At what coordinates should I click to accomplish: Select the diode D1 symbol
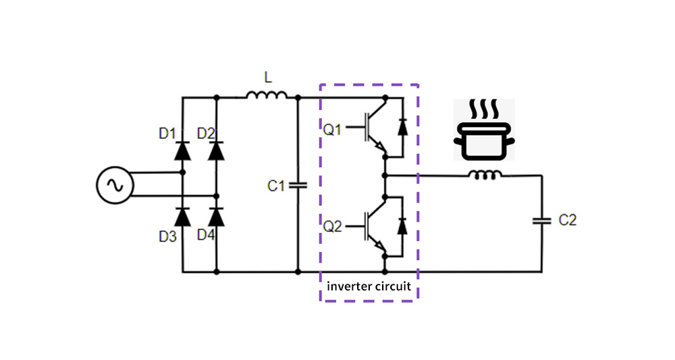click(x=182, y=150)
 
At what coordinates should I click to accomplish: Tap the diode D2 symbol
click(x=216, y=150)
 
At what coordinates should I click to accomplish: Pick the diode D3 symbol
click(x=182, y=217)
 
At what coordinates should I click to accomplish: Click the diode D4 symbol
click(x=216, y=217)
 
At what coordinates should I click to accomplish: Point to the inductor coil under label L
click(x=267, y=97)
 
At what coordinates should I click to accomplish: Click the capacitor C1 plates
click(x=298, y=185)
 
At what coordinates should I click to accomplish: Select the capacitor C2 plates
click(x=541, y=220)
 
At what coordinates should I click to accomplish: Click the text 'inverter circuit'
click(x=369, y=286)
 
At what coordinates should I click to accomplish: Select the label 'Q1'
click(x=333, y=130)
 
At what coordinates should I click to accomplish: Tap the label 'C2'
click(x=568, y=220)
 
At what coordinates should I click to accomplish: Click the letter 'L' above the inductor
click(x=267, y=78)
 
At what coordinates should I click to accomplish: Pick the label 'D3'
click(x=168, y=236)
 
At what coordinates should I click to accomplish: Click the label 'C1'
click(x=276, y=186)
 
